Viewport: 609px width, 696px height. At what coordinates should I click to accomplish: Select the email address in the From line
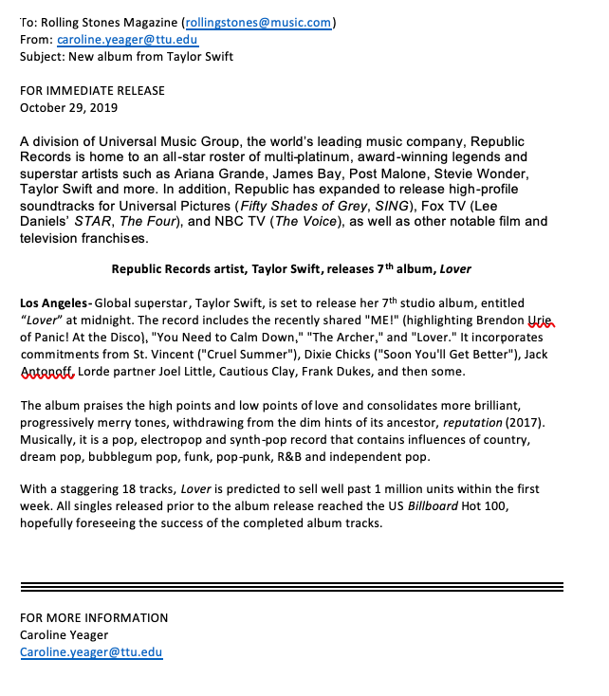click(x=127, y=40)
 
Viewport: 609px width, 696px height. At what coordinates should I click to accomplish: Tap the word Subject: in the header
click(x=44, y=56)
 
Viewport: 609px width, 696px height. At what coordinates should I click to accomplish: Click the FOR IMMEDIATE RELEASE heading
click(x=92, y=91)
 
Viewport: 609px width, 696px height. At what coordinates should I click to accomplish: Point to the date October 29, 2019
click(x=68, y=107)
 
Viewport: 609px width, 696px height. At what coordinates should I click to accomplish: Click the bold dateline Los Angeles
click(x=54, y=303)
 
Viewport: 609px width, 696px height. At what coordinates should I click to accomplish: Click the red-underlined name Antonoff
click(x=46, y=372)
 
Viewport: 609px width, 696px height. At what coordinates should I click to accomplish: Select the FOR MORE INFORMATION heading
click(x=94, y=618)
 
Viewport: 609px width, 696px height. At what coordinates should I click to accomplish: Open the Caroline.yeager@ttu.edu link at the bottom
click(x=91, y=652)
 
